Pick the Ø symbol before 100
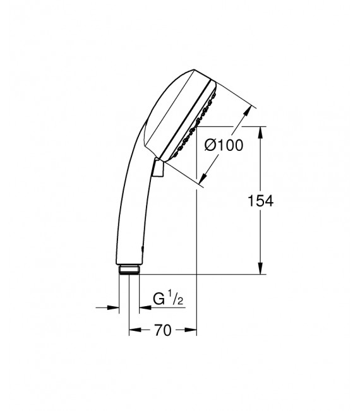(x=212, y=145)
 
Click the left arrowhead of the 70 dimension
(x=133, y=330)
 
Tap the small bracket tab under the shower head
(x=159, y=168)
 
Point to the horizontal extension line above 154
(x=234, y=126)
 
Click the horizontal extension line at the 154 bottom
(x=202, y=275)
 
